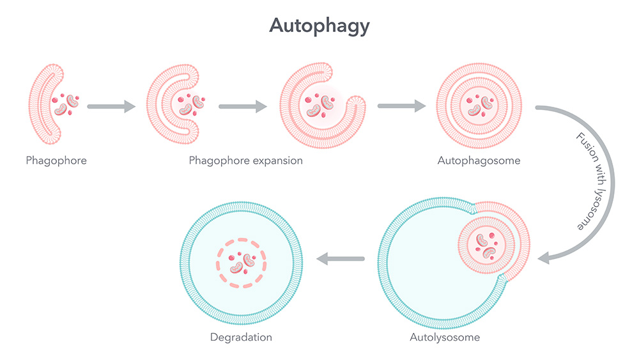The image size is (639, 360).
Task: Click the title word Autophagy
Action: [x=319, y=26]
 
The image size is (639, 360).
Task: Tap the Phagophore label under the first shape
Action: [x=56, y=160]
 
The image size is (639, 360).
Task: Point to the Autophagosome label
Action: [x=479, y=160]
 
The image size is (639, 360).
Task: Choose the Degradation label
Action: [x=241, y=337]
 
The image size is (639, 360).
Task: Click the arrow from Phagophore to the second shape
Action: [x=111, y=106]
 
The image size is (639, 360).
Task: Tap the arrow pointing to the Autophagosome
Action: [x=402, y=106]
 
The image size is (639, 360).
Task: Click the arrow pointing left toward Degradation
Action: [x=341, y=258]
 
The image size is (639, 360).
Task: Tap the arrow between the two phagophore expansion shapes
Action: [x=242, y=106]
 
